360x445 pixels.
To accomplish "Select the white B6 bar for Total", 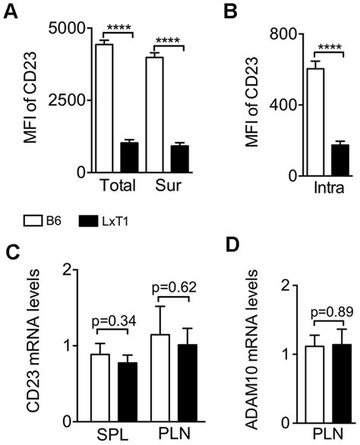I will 104,110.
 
